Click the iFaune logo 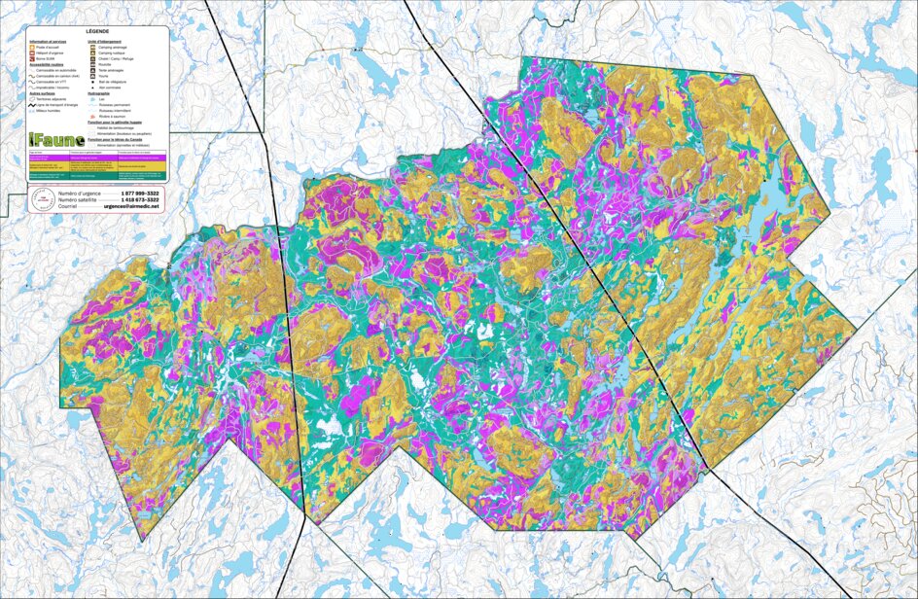click(x=56, y=140)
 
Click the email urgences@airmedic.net click(x=130, y=206)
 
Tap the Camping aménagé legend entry click(x=112, y=48)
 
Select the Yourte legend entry click(x=103, y=76)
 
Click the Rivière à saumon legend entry click(x=111, y=117)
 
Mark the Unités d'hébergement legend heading click(x=105, y=42)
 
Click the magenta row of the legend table click(x=96, y=158)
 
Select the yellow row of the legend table click(x=96, y=166)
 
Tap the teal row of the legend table click(x=96, y=176)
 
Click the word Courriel click(x=67, y=206)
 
